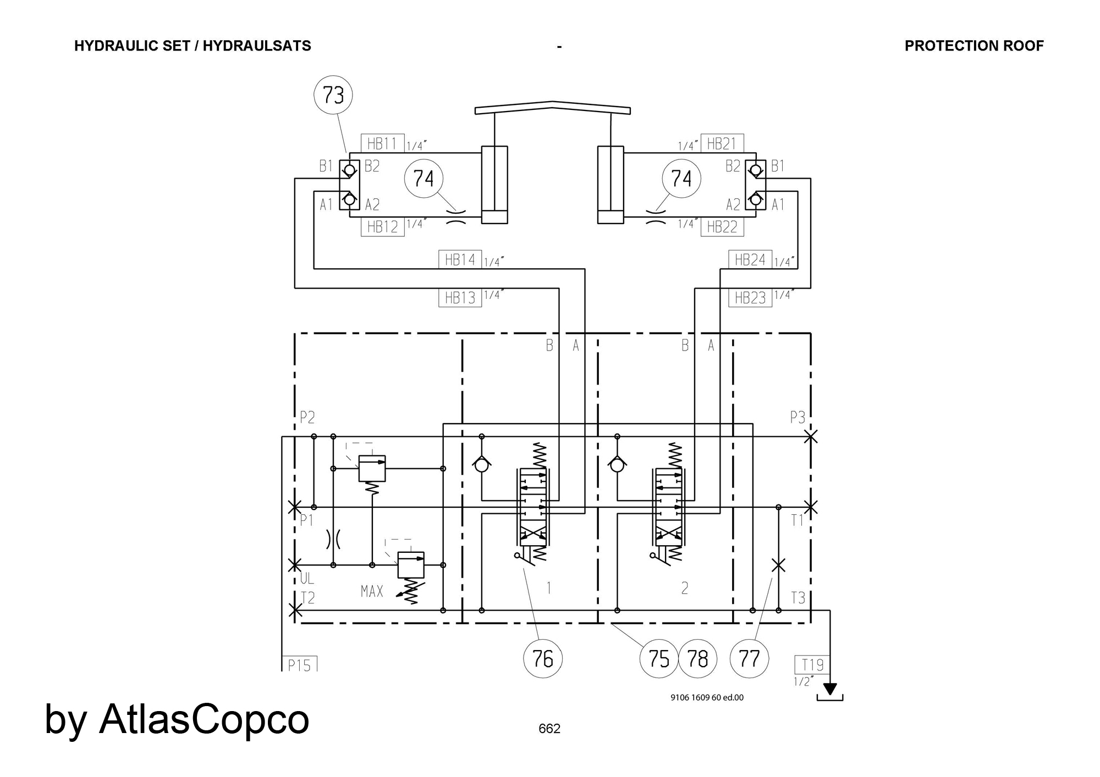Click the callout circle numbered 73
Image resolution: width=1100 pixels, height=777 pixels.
[x=333, y=95]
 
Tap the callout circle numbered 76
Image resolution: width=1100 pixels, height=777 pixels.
[x=543, y=658]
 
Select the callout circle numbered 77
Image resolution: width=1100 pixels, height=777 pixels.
[x=749, y=658]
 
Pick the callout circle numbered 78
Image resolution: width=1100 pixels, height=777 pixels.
[x=698, y=658]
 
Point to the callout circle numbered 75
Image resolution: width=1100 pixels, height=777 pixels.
[x=659, y=658]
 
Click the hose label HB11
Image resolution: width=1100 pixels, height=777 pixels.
[x=383, y=143]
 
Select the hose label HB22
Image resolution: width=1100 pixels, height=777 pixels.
[x=722, y=227]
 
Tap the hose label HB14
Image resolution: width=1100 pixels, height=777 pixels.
[x=460, y=259]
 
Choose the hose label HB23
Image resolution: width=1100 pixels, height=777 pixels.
[x=750, y=297]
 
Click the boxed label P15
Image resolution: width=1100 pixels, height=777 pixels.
[x=300, y=664]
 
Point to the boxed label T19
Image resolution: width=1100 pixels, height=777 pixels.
[x=812, y=665]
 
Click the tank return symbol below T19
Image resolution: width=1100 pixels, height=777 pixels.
[x=830, y=692]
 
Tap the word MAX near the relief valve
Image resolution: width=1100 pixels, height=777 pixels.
[x=372, y=591]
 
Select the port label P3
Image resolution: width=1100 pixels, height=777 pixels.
[x=798, y=418]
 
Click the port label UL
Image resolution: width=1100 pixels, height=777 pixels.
[x=307, y=578]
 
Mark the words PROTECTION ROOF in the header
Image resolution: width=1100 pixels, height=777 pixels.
[x=974, y=46]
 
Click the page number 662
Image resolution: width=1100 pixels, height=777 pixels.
[x=549, y=729]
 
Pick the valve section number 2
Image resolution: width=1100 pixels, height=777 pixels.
[x=685, y=589]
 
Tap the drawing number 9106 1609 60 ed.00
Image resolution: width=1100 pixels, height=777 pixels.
[x=707, y=697]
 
